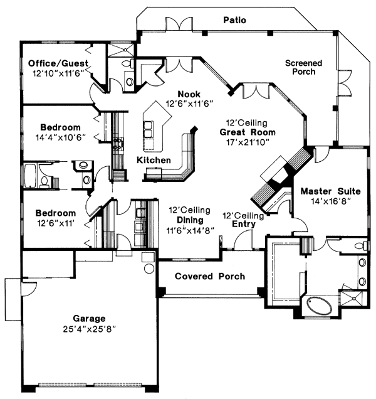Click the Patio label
pyautogui.click(x=234, y=21)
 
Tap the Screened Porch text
pyautogui.click(x=303, y=68)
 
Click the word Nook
pyautogui.click(x=189, y=94)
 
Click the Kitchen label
pyautogui.click(x=154, y=161)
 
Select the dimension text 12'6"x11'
pyautogui.click(x=55, y=223)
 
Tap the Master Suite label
pyautogui.click(x=328, y=191)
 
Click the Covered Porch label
pyautogui.click(x=210, y=277)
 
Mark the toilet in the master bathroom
pyautogui.click(x=358, y=245)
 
